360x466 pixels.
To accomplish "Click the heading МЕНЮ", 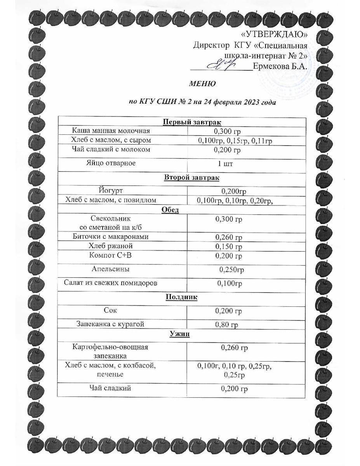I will pos(202,84).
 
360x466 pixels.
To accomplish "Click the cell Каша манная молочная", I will pos(111,131).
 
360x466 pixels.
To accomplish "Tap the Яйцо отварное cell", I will pos(111,163).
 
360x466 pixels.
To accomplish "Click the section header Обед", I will pos(170,210).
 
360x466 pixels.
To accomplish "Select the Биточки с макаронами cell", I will pos(111,236).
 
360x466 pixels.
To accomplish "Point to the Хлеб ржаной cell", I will pos(111,246).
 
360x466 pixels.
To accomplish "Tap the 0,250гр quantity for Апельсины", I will pos(232,270).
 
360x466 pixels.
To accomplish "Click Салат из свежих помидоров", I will pos(111,283).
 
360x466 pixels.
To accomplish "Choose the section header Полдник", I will pos(181,297).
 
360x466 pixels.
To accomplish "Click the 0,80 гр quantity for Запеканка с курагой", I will pos(227,325).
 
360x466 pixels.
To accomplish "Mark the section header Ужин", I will pos(181,334).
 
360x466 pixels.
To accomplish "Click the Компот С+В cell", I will pos(111,255).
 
